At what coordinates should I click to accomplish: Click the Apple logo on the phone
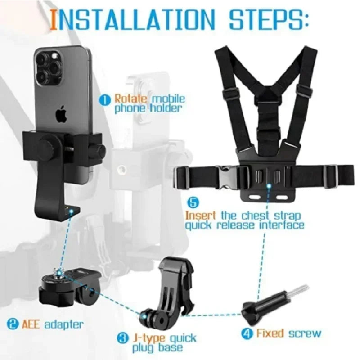[x=60, y=115]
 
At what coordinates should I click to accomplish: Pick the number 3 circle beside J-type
[x=122, y=337]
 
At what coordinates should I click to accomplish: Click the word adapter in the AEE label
[x=63, y=324]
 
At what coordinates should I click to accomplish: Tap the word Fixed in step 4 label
[x=270, y=333]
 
